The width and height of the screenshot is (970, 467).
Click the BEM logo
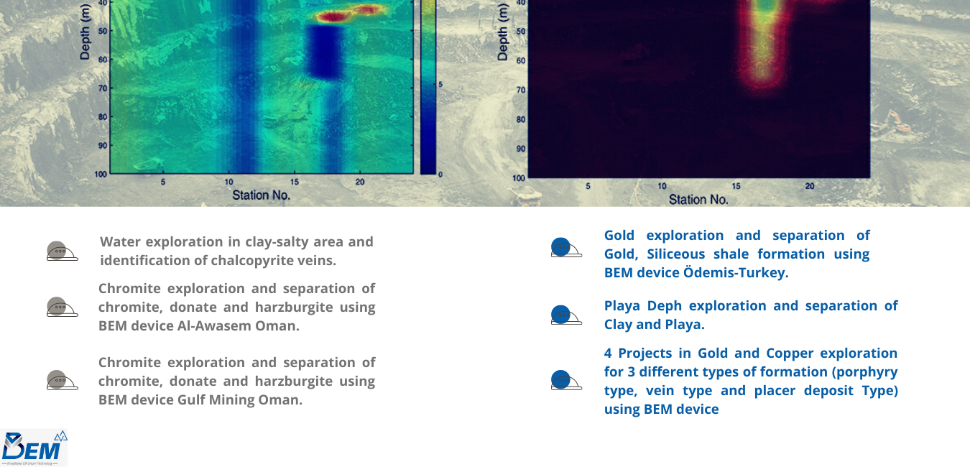[34, 448]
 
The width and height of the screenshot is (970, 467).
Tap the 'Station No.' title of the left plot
[261, 195]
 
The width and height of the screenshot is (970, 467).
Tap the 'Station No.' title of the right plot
[698, 200]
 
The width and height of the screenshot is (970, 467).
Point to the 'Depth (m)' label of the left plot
[85, 31]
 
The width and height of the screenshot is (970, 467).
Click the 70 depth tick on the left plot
[103, 88]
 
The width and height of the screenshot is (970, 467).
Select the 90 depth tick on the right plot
[520, 149]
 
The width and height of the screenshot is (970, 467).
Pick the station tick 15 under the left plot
[295, 182]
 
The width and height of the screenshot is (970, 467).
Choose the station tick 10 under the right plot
[662, 186]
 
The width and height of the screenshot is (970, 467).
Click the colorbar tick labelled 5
[440, 84]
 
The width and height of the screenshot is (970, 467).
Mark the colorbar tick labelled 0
[440, 175]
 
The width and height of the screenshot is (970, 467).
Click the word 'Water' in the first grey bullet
[119, 241]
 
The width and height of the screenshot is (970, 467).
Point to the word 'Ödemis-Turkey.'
[736, 273]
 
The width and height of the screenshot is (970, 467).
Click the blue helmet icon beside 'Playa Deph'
[566, 315]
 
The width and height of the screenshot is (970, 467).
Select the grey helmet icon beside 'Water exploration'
[62, 251]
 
